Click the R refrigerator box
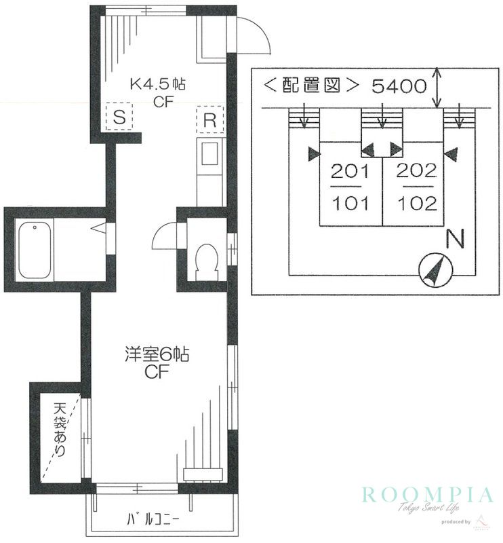pos(209,121)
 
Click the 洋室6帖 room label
pos(155,354)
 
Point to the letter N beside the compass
pos(455,239)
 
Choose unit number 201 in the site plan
pos(350,171)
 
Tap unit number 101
pos(350,203)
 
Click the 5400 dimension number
pos(399,86)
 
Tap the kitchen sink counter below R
pos(209,170)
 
